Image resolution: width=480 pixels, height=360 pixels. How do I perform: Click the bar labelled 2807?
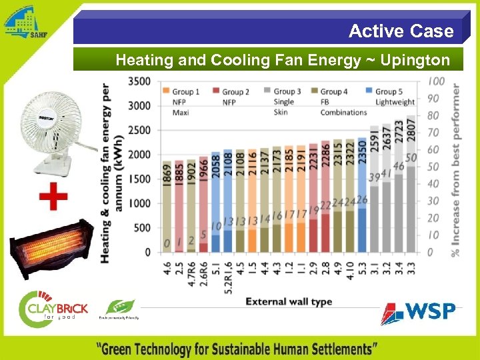(x=411, y=187)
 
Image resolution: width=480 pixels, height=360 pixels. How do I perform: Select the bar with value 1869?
(x=167, y=207)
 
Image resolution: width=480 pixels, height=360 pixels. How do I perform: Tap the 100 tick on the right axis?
(x=437, y=81)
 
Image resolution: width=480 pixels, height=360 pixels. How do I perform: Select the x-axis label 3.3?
(x=411, y=269)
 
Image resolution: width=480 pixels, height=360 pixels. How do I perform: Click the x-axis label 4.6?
(x=167, y=269)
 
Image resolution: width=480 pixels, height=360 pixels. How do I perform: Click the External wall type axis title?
(x=289, y=302)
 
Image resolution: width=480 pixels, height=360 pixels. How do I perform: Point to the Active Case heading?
(x=401, y=31)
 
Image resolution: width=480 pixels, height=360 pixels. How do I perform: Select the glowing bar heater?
(x=49, y=249)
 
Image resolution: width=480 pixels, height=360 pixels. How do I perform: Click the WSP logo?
(x=418, y=312)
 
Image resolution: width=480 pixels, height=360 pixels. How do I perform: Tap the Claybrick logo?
(x=53, y=308)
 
